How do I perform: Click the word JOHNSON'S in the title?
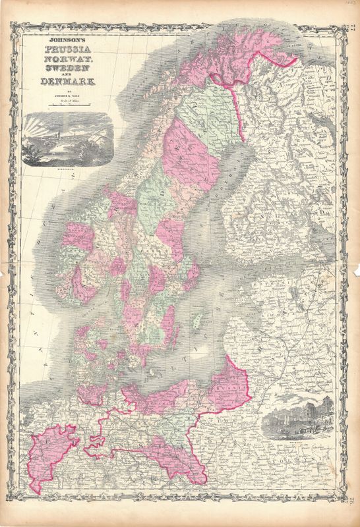tap(67, 39)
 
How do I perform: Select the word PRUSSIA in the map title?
tap(67, 49)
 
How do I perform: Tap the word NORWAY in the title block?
tap(67, 61)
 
